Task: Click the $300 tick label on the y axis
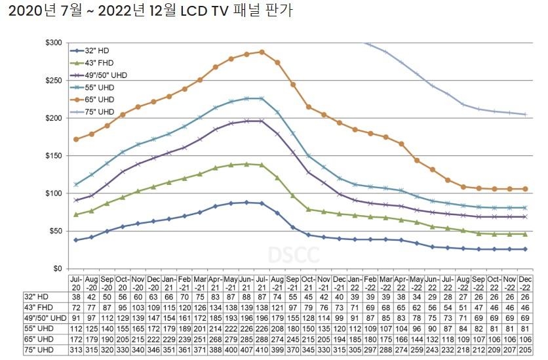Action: (53, 43)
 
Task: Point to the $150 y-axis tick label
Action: (53, 156)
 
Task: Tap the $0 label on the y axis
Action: (58, 269)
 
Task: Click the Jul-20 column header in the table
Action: (77, 283)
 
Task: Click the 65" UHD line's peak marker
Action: (262, 52)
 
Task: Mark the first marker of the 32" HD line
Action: (77, 240)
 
